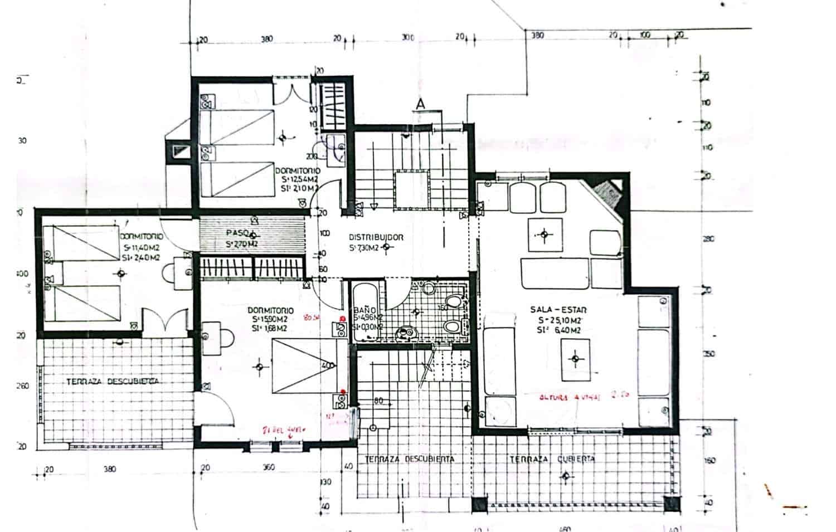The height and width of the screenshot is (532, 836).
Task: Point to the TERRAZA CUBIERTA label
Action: pos(552,459)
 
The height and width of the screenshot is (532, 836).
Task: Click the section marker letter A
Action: pos(420,104)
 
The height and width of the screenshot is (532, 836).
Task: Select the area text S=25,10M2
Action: pos(560,320)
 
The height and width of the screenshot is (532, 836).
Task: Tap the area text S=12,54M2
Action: pos(300,179)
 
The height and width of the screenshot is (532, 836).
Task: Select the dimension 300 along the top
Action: pos(408,37)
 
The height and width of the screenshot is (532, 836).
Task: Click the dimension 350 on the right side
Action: pos(709,354)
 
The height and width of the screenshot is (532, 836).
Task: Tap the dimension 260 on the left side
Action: pos(23,386)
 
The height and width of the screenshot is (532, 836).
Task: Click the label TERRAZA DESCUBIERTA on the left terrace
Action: pos(112,381)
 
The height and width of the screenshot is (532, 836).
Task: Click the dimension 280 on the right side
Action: pos(709,240)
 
